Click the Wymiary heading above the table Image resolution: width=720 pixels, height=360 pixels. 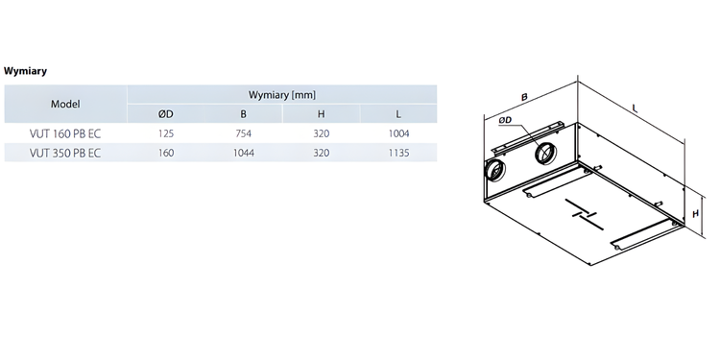(26, 71)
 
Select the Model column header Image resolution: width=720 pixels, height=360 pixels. (65, 104)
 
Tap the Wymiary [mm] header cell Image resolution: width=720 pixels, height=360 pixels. (282, 94)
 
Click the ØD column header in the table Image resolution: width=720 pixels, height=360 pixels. (166, 114)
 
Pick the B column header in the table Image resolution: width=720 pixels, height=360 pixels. (243, 114)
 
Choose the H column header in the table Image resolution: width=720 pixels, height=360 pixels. (321, 114)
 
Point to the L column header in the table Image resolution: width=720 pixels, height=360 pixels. (397, 114)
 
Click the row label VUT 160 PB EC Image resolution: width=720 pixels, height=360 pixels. (65, 133)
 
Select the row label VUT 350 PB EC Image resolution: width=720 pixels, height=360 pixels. (65, 152)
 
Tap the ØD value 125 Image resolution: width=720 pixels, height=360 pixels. (166, 133)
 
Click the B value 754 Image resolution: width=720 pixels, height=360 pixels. (243, 133)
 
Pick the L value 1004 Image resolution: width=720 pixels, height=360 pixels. (397, 133)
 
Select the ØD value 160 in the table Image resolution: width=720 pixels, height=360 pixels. (166, 152)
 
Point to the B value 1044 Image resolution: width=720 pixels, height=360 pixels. (243, 152)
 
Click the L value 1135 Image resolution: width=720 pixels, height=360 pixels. (397, 152)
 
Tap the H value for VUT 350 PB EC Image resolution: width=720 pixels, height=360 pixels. (321, 152)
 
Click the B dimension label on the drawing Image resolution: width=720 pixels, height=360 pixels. (525, 96)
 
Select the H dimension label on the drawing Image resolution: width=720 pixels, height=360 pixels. (696, 213)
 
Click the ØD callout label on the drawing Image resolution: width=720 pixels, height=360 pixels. (505, 121)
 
